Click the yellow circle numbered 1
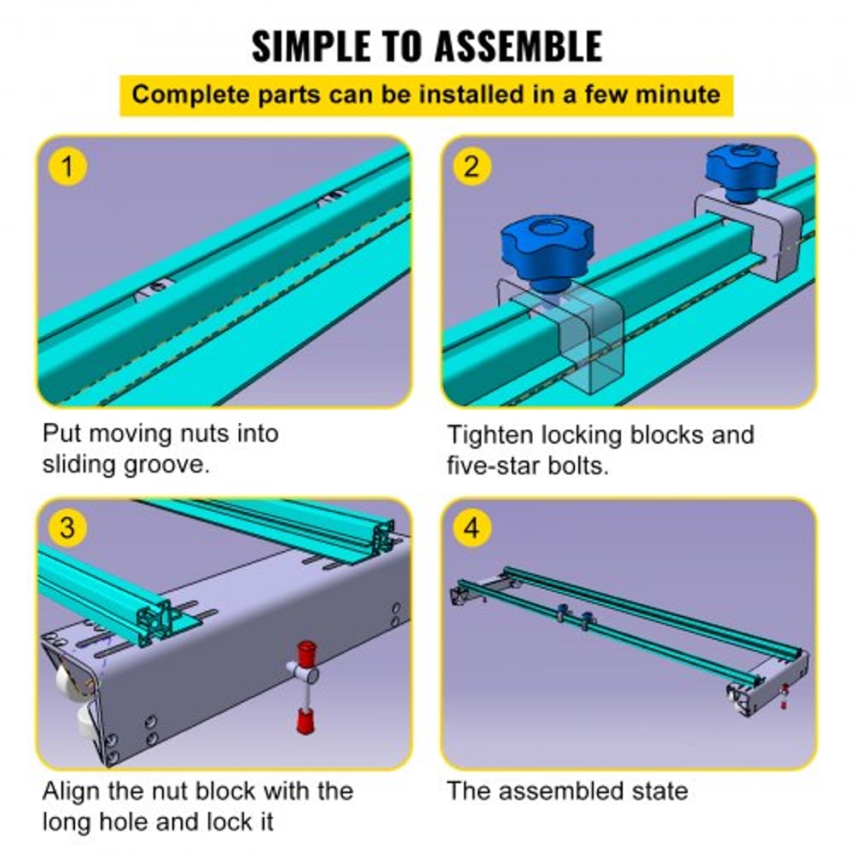[x=67, y=165]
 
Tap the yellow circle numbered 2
[x=472, y=165]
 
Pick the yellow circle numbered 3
[x=67, y=528]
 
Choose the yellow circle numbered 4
[x=472, y=528]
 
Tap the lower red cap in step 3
[x=302, y=721]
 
